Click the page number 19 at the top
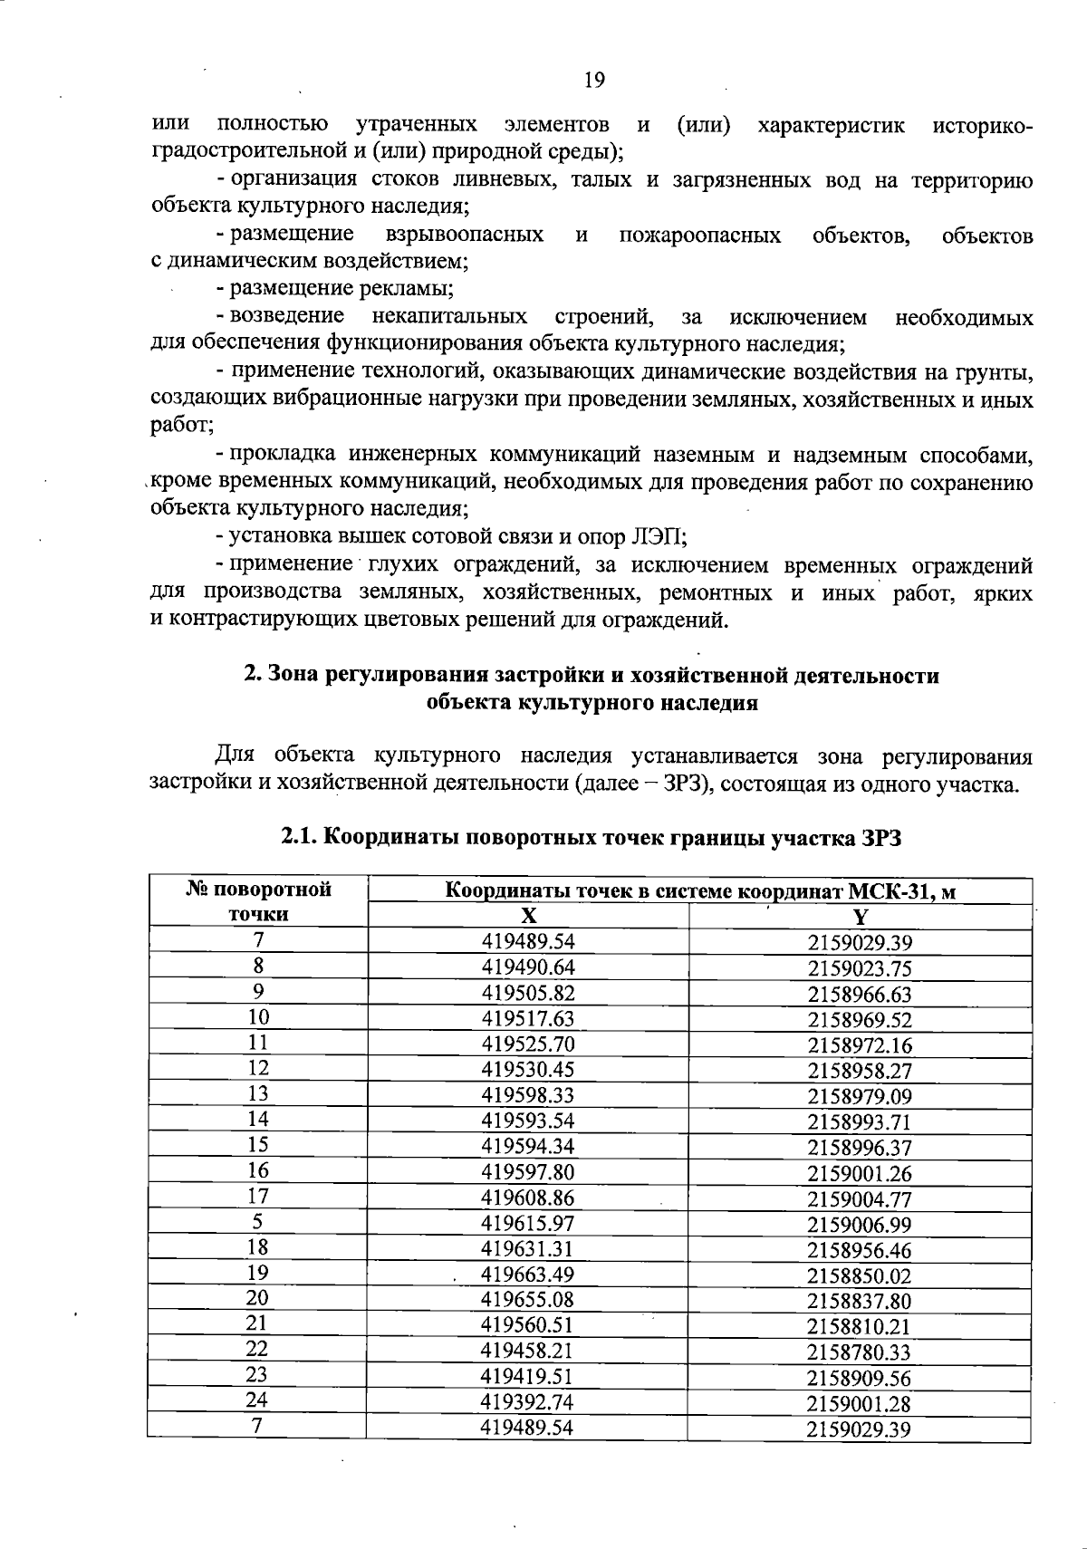(x=593, y=81)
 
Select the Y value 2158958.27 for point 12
(x=859, y=1070)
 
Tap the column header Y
(x=860, y=916)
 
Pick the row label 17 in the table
(x=257, y=1197)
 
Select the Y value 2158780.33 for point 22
(x=859, y=1352)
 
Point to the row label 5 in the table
(x=257, y=1223)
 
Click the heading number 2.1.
(x=299, y=838)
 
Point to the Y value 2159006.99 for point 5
(x=859, y=1225)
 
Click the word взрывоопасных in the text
(x=464, y=236)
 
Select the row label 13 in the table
(x=257, y=1093)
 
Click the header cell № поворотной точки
(x=258, y=901)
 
